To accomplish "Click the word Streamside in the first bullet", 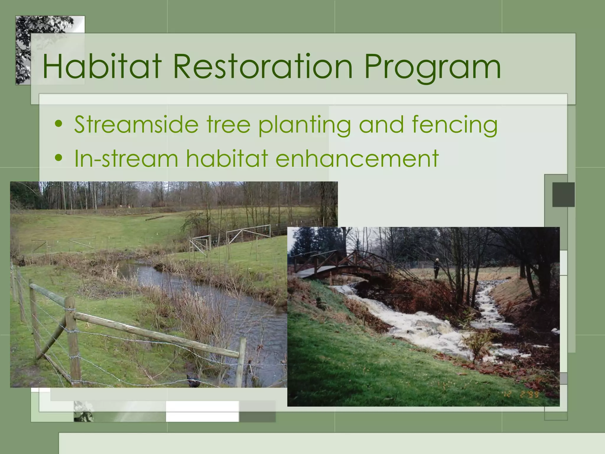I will (136, 124).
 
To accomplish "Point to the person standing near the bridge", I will (436, 268).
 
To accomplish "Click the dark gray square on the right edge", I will (563, 194).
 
